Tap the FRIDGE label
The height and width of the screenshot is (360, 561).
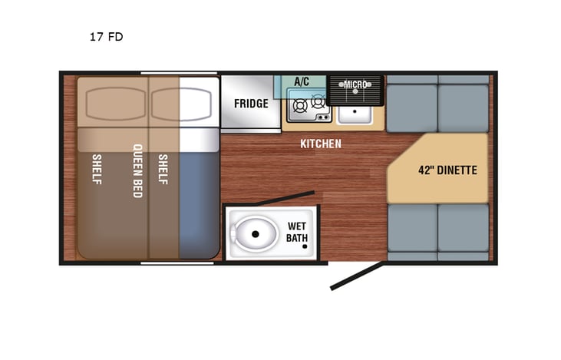[x=251, y=104]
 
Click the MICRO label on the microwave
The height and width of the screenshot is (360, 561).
[x=355, y=84]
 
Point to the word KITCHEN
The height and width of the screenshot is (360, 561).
[x=321, y=144]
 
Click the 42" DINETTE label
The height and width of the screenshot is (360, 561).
[x=447, y=170]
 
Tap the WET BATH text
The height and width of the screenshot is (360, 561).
[x=298, y=231]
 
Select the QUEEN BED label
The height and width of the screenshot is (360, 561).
[x=138, y=170]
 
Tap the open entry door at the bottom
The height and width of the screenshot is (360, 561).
[x=356, y=277]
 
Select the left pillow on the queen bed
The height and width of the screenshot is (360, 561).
[x=113, y=102]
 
